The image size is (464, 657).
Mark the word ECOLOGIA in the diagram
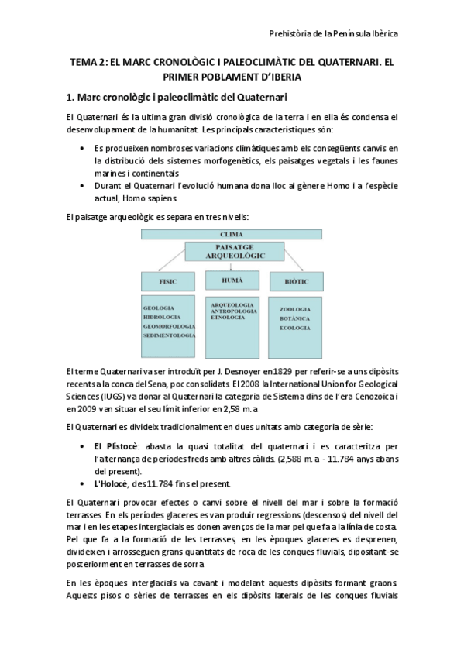(284, 328)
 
